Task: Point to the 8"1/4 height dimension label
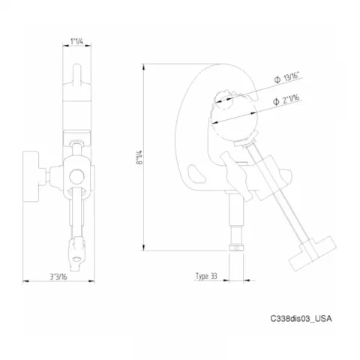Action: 138,160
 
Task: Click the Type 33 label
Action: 205,276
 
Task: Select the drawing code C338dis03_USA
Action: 300,319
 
